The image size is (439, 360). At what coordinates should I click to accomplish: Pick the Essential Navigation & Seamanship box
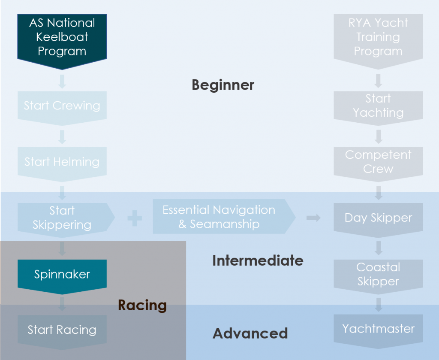(x=224, y=216)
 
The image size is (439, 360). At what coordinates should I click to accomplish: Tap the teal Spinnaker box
(x=62, y=276)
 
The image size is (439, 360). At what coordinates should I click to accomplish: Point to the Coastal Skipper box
(x=378, y=276)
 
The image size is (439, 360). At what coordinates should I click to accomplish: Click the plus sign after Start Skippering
(x=135, y=218)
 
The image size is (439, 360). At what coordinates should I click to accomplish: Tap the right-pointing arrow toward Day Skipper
(x=313, y=218)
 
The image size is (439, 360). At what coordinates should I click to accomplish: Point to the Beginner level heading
(x=223, y=85)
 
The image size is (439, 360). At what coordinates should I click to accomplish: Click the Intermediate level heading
(x=258, y=260)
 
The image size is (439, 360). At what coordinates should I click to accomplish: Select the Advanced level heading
(x=250, y=333)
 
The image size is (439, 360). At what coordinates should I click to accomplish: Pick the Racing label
(x=142, y=306)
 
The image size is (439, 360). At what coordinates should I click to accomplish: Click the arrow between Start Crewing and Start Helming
(x=62, y=137)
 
